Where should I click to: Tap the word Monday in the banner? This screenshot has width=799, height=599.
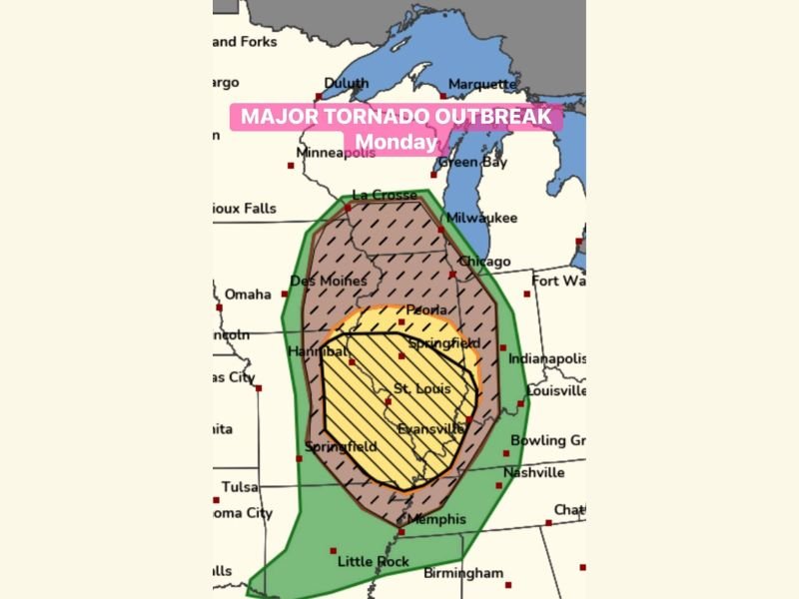pyautogui.click(x=397, y=142)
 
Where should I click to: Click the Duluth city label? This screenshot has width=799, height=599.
pyautogui.click(x=346, y=84)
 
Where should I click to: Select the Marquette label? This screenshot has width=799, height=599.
pyautogui.click(x=482, y=84)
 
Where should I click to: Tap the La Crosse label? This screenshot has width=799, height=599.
pyautogui.click(x=385, y=195)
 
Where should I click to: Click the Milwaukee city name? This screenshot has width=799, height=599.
pyautogui.click(x=480, y=217)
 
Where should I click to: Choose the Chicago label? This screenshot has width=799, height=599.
pyautogui.click(x=484, y=262)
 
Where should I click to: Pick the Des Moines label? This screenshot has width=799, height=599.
pyautogui.click(x=323, y=282)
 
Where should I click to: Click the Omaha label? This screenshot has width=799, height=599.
pyautogui.click(x=248, y=295)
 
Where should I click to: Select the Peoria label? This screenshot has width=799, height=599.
pyautogui.click(x=425, y=310)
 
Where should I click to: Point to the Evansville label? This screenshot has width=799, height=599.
pyautogui.click(x=430, y=428)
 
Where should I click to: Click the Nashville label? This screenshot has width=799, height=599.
pyautogui.click(x=533, y=472)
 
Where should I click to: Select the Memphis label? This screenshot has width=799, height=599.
pyautogui.click(x=436, y=519)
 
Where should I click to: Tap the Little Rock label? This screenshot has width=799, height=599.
pyautogui.click(x=373, y=561)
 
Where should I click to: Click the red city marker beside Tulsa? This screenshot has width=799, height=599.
pyautogui.click(x=216, y=500)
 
